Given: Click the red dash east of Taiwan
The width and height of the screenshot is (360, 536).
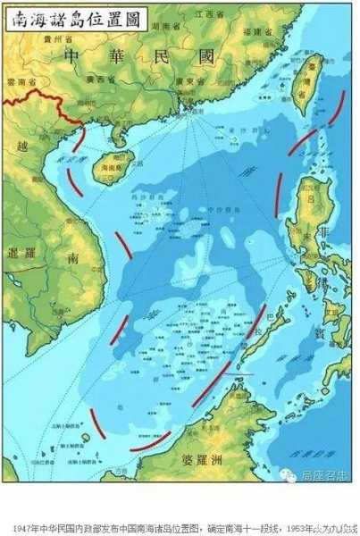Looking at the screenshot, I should click(x=337, y=107).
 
